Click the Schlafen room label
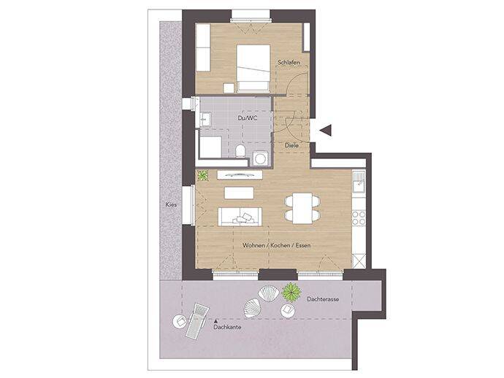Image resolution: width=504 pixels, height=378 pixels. click(289, 63)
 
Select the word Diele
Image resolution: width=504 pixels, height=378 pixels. click(292, 144)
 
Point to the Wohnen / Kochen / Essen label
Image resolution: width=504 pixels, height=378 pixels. click(277, 245)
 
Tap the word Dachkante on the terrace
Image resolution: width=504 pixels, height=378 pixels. click(228, 327)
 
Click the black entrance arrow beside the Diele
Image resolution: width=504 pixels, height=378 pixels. click(326, 131)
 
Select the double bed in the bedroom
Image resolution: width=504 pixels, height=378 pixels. click(253, 66)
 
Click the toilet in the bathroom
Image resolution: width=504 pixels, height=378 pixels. click(240, 151)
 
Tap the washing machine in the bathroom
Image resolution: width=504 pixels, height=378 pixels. click(260, 157)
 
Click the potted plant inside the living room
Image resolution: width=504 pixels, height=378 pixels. click(202, 175)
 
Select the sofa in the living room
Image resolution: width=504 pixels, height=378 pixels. click(240, 215)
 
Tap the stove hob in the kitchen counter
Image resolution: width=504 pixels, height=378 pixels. click(358, 217)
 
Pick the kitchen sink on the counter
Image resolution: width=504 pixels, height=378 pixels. click(358, 185)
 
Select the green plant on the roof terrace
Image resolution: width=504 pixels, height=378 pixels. click(291, 292)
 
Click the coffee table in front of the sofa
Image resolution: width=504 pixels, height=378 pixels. click(239, 193)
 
